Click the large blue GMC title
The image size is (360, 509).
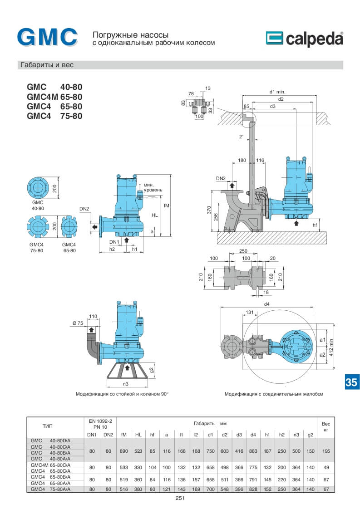coord(47,38)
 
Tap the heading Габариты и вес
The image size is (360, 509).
coord(46,65)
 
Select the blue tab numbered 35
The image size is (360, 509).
coord(351,382)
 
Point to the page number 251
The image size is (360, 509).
coord(180,498)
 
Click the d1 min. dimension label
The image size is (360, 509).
coord(277,92)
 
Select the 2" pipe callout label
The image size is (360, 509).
coord(241,136)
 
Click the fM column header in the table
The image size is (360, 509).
coord(123,435)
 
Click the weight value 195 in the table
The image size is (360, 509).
coord(325,452)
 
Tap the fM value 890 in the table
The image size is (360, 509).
coord(123,452)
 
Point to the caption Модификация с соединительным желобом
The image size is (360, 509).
coord(274,394)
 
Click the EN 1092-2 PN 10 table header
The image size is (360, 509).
coord(100,424)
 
